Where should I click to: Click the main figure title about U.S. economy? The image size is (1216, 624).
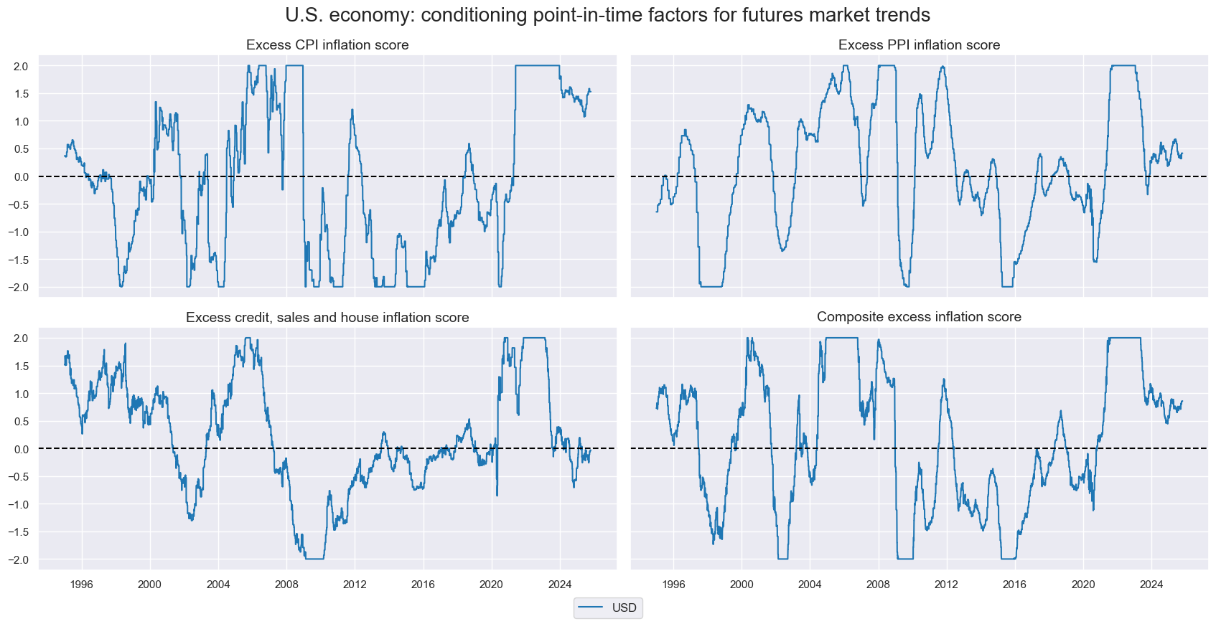click(x=607, y=15)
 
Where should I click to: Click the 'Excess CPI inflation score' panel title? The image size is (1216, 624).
click(x=327, y=45)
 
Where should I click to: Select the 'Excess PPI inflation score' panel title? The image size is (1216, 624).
click(x=919, y=45)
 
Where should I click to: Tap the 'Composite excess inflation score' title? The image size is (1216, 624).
click(x=919, y=317)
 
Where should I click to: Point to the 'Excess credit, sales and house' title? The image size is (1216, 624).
click(x=327, y=318)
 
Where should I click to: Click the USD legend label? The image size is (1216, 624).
click(x=624, y=608)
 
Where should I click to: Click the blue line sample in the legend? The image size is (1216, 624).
click(x=591, y=608)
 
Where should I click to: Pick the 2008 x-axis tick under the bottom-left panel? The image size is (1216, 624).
click(x=286, y=584)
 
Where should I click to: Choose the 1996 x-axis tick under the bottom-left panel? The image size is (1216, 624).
click(x=82, y=584)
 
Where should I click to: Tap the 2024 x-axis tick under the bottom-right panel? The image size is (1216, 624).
click(x=1151, y=584)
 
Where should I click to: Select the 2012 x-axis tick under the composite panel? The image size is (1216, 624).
click(x=946, y=584)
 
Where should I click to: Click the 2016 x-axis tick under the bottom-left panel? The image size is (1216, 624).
click(x=423, y=584)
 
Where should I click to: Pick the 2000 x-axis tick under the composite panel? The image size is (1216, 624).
click(x=742, y=584)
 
